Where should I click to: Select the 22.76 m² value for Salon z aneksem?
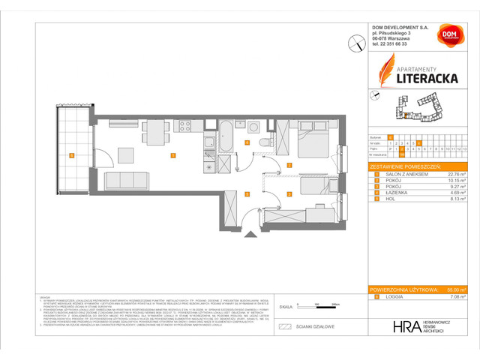pos(453,174)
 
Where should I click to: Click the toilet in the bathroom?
pos(262,143)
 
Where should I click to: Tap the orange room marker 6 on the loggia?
pos(70,156)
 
